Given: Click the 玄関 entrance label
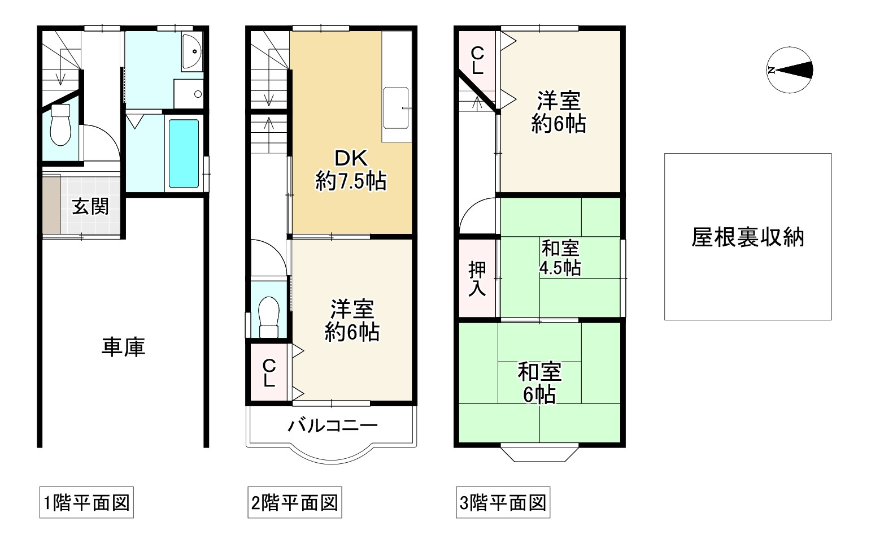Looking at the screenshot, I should point(90,207).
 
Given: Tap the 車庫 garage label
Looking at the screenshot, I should point(124,347).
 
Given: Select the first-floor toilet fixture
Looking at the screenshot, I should point(60,128).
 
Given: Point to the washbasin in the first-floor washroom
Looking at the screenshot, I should point(193,51).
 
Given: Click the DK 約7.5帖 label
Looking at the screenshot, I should point(351,170).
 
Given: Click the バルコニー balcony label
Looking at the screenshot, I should point(333,425).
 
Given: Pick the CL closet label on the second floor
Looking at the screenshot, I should point(269,373).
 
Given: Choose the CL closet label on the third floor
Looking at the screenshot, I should point(477,61).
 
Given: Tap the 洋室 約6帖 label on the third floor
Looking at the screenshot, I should point(559,112).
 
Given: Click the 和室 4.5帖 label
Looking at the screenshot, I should point(560,258).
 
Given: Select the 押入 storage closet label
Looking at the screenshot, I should point(477,279).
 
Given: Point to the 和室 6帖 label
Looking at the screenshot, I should point(539,384).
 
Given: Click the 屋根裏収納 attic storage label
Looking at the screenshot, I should point(747,237).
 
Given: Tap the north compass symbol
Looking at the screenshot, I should point(790,70).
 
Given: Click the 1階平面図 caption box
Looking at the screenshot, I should point(86,502).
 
